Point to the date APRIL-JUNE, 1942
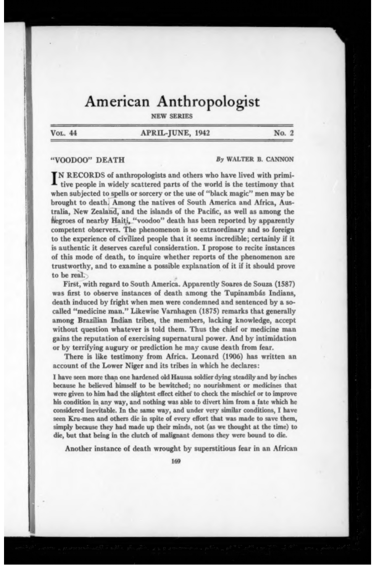point(172,133)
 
